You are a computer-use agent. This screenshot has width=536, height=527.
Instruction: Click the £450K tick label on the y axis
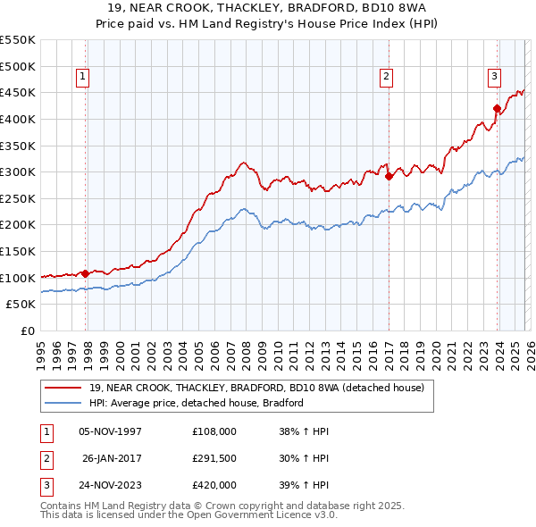tap(18, 92)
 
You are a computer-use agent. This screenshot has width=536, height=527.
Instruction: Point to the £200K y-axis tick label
tap(18, 225)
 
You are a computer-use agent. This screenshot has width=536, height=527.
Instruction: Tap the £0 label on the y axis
tap(28, 331)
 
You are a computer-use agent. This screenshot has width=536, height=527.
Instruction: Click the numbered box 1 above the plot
tap(82, 78)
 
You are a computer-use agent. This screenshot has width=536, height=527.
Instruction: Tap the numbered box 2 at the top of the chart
tap(386, 78)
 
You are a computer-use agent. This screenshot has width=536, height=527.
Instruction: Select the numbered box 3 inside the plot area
tap(493, 77)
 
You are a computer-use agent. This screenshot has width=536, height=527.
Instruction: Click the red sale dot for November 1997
tap(86, 273)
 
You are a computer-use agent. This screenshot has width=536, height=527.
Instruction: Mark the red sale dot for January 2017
tap(389, 177)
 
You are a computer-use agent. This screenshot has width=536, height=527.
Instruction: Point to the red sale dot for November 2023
tap(496, 108)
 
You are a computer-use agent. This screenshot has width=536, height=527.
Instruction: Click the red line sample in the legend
tap(64, 388)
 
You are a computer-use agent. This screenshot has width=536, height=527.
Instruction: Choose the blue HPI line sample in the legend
tap(64, 403)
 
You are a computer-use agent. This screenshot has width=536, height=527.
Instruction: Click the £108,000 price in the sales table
tap(214, 431)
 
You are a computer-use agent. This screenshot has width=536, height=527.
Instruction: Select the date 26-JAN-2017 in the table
tap(112, 458)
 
